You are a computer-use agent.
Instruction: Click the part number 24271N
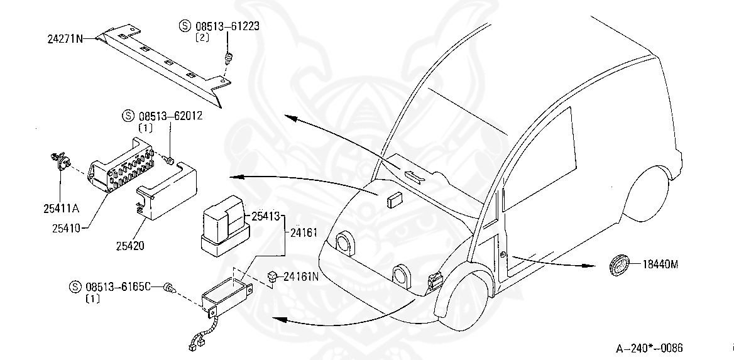coord(65,38)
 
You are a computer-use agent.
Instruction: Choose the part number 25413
coord(266,217)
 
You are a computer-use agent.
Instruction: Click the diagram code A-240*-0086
coord(649,348)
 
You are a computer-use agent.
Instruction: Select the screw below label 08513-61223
coord(228,60)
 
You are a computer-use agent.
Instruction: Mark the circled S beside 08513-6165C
coord(75,287)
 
